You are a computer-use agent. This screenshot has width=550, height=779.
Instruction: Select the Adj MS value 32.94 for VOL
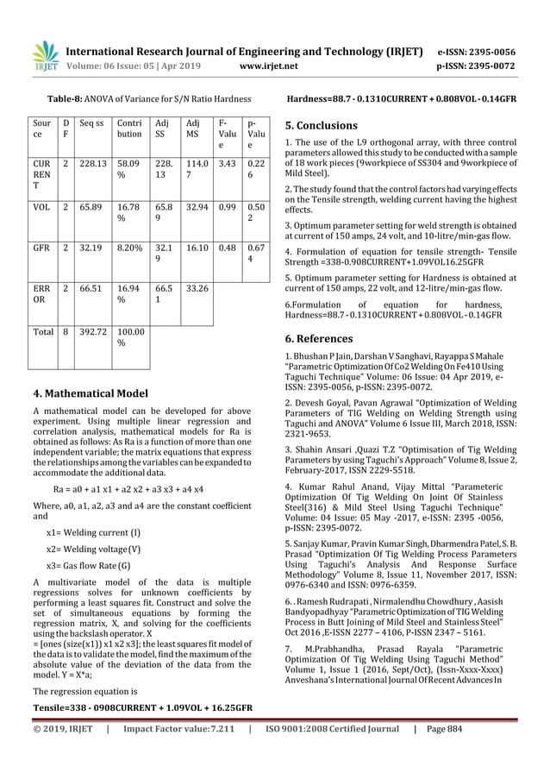[x=199, y=208]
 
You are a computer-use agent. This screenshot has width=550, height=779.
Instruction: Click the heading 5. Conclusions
[x=321, y=125]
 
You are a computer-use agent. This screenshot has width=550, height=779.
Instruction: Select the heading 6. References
[x=319, y=338]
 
